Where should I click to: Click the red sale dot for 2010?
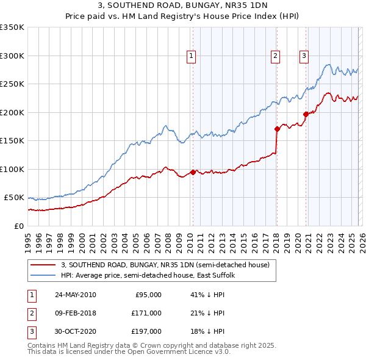193,172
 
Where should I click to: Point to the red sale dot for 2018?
277,129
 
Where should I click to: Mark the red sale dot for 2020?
306,113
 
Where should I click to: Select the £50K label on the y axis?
15,198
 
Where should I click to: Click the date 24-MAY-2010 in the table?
75,295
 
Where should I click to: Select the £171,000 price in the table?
146,313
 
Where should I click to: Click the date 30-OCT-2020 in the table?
75,331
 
